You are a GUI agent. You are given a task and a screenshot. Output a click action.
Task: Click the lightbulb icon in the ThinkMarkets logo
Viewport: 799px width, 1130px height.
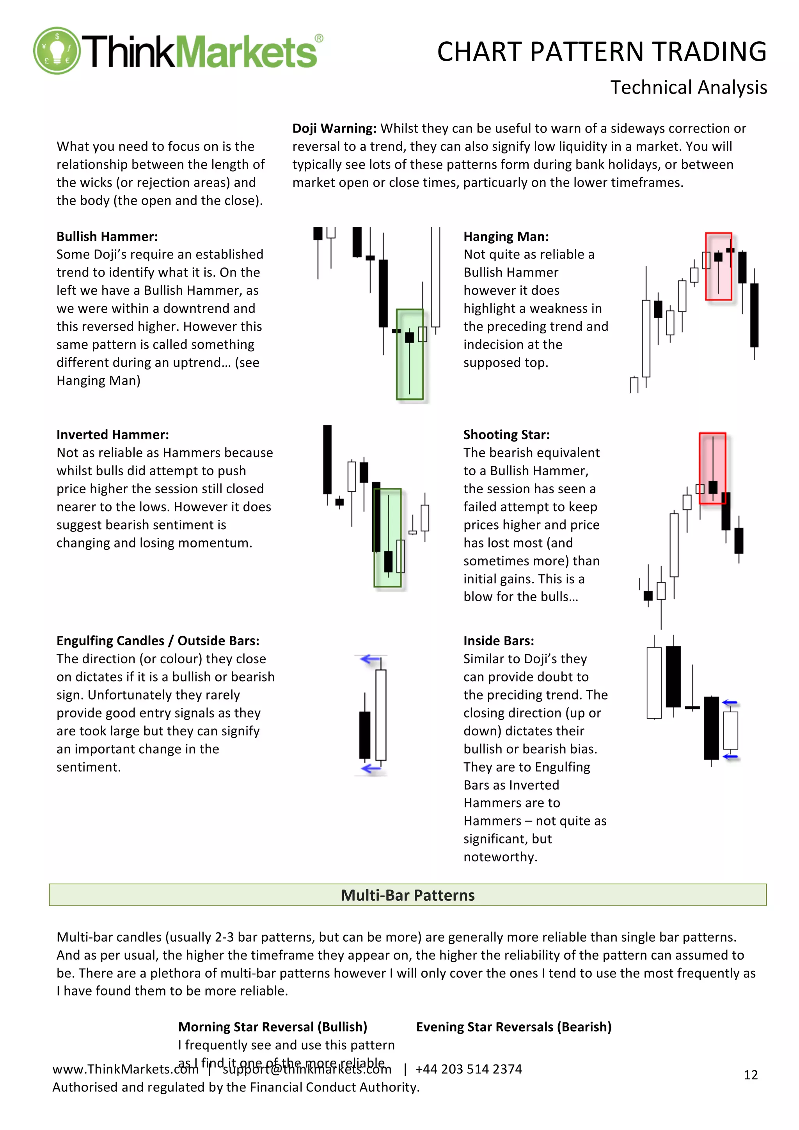57,51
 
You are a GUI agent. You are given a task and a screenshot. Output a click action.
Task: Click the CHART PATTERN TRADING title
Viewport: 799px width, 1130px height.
601,52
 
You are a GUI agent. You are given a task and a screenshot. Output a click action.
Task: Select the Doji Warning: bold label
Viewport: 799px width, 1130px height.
334,128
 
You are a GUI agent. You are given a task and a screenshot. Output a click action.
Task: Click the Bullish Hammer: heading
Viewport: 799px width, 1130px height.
107,237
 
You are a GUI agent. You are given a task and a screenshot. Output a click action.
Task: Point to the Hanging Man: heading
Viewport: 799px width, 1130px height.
506,237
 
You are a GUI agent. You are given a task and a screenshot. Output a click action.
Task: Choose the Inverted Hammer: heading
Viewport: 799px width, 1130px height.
112,435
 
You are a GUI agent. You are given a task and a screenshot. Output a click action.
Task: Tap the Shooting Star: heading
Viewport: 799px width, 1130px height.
506,435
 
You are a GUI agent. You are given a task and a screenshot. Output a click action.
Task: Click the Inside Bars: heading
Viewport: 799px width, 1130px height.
498,641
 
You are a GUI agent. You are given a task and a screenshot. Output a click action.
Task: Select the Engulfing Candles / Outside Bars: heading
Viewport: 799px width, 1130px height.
158,641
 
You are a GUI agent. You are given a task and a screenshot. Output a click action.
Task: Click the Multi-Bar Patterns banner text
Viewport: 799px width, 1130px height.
407,895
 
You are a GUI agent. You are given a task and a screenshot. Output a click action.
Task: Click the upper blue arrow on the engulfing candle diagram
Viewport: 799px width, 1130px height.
370,659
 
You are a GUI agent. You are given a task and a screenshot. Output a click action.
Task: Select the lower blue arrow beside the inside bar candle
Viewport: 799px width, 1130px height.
730,756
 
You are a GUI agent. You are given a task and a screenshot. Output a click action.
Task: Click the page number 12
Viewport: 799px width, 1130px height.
750,1075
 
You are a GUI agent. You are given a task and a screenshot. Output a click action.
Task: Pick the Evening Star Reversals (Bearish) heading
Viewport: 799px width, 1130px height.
513,1027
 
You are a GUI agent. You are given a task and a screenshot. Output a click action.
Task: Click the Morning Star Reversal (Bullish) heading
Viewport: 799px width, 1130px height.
272,1027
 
